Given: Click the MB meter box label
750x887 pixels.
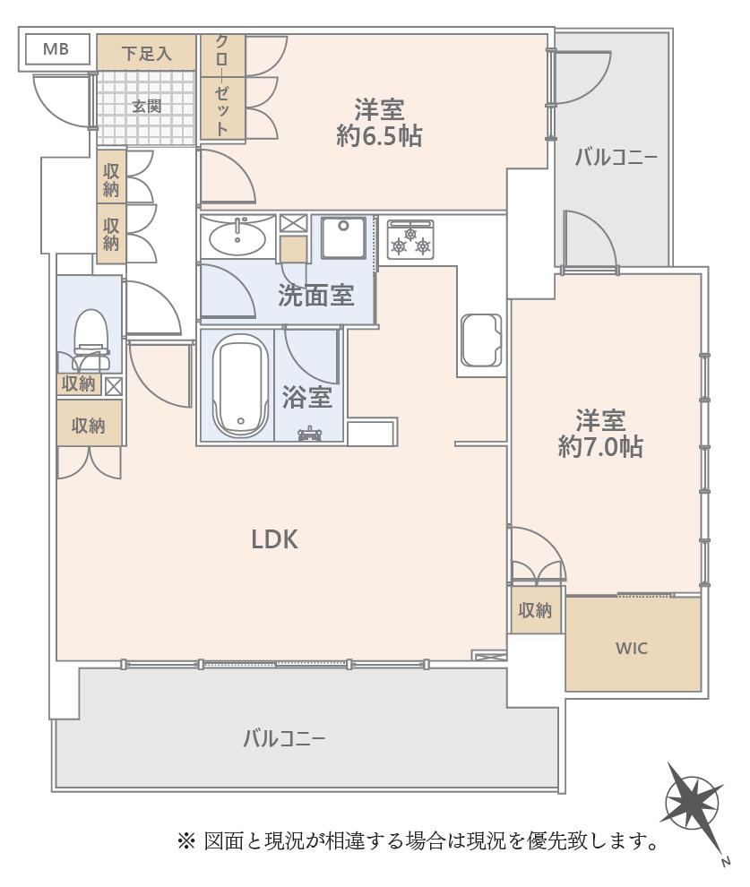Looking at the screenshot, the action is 56,49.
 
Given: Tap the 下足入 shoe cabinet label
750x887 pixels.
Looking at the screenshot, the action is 146,54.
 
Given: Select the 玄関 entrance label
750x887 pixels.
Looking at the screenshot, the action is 147,106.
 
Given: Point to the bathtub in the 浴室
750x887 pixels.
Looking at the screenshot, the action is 240,385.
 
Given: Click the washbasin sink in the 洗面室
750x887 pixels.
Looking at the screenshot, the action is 237,237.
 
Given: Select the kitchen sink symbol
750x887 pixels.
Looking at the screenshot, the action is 481,340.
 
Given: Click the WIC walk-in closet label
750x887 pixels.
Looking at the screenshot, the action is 631,649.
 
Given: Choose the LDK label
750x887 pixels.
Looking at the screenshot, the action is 274,540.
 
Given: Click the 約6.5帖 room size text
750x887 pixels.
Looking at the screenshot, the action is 379,136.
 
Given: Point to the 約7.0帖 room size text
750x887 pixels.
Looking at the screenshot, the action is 600,447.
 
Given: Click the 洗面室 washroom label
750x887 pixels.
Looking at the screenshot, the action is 315,296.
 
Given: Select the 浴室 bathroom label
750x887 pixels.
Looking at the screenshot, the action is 306,398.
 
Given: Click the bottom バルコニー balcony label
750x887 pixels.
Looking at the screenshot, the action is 284,739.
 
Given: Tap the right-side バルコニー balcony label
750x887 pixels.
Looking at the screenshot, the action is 616,158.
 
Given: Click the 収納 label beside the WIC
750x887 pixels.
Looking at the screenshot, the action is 535,610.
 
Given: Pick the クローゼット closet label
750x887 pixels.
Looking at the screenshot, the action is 222,86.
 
